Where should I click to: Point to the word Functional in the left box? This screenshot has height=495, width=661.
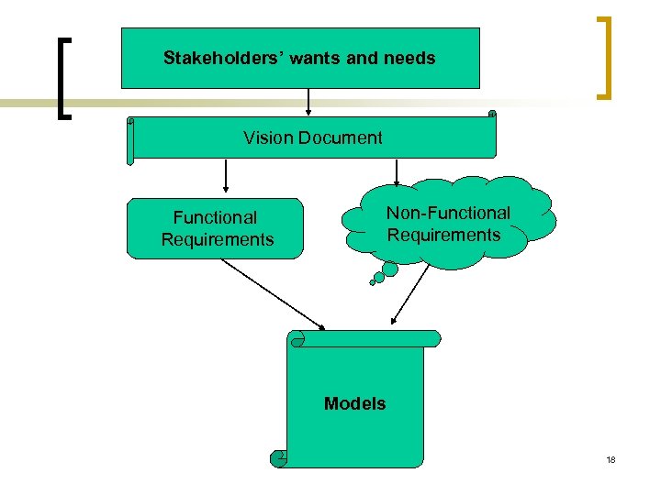click(x=216, y=217)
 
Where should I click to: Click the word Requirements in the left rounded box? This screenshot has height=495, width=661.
click(x=218, y=239)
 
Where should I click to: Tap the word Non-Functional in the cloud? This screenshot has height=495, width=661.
click(x=448, y=213)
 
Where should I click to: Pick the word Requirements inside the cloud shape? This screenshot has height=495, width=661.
click(x=443, y=235)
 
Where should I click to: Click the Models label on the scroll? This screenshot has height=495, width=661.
click(x=354, y=403)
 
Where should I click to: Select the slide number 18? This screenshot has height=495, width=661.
click(x=611, y=459)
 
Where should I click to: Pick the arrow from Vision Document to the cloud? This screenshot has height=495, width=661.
click(x=397, y=172)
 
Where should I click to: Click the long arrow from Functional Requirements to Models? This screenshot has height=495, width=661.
click(x=273, y=293)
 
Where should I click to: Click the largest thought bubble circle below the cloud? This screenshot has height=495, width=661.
click(x=390, y=269)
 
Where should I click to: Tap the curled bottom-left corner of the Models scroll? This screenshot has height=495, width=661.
click(x=278, y=457)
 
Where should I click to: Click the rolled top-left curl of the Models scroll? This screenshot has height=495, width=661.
click(x=297, y=339)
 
